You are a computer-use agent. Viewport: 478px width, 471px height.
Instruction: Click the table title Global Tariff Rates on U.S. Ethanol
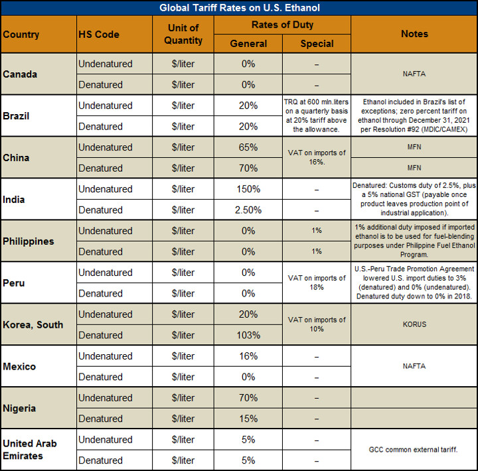[239, 8]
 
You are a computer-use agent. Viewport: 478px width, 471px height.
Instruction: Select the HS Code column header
[99, 34]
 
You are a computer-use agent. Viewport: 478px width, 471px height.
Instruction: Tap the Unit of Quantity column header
[183, 34]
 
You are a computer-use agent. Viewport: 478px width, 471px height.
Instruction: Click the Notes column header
[414, 34]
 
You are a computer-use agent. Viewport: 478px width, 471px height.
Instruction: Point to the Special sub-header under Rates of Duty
[317, 44]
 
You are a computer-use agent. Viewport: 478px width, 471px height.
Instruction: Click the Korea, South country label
[33, 324]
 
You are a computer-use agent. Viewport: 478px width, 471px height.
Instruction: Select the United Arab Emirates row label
[31, 450]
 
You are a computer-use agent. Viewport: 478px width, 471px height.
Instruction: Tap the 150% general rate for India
[248, 189]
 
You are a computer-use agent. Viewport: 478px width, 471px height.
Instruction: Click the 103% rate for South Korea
[248, 335]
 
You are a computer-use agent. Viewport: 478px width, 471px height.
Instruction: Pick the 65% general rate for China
[248, 147]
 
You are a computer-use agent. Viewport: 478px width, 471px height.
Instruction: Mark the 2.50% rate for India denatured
[248, 210]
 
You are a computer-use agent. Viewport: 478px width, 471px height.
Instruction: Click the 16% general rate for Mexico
[248, 356]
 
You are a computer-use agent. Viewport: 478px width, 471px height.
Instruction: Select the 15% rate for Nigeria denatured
[248, 419]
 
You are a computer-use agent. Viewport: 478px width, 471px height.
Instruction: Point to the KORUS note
[414, 324]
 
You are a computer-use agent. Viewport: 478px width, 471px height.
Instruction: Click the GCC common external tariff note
[414, 450]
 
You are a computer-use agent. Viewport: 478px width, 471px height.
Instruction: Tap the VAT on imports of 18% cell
[317, 283]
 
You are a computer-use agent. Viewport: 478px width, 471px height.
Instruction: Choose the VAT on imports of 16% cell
[317, 158]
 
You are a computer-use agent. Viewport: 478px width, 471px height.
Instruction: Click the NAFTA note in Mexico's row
[414, 366]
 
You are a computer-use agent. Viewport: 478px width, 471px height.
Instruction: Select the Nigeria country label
[19, 408]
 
